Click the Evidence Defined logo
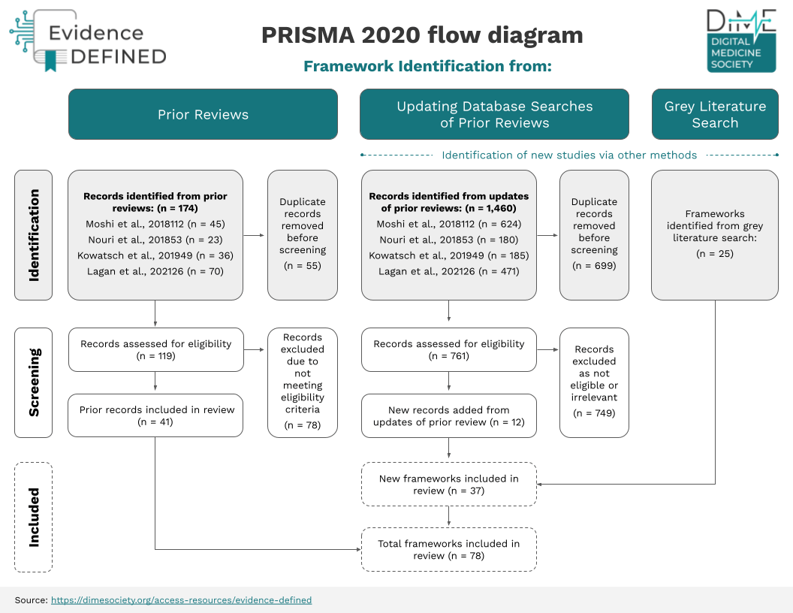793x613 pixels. click(x=89, y=41)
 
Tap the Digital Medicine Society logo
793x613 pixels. click(x=741, y=41)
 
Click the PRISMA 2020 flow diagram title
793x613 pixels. click(x=422, y=35)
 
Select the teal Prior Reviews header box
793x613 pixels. click(x=203, y=114)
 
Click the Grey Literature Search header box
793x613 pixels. click(x=715, y=114)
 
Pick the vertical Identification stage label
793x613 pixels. click(x=33, y=235)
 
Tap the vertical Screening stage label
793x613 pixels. click(x=33, y=382)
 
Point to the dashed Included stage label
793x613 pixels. click(x=33, y=517)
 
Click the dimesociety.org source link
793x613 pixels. click(x=181, y=599)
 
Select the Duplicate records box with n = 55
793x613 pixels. click(x=303, y=235)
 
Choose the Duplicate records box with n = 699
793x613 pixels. click(x=594, y=235)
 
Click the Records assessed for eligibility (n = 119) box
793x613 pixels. click(x=155, y=349)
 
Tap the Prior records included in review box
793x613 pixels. click(x=155, y=415)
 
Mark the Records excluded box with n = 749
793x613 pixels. click(x=594, y=382)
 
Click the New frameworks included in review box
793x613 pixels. click(x=448, y=484)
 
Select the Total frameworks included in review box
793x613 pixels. click(x=448, y=549)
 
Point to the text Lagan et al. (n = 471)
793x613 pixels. click(x=448, y=271)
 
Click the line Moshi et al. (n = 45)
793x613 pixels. click(x=155, y=224)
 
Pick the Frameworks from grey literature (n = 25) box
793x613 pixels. click(x=715, y=235)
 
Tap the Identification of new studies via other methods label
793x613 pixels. click(x=569, y=155)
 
